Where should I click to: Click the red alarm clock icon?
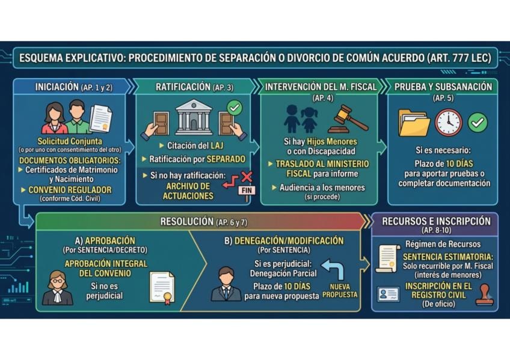(449, 123)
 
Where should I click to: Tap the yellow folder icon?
(414, 123)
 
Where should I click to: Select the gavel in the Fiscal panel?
(348, 119)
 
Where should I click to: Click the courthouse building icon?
(194, 117)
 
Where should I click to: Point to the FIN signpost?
(247, 192)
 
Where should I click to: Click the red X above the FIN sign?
(247, 177)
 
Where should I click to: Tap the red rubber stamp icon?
(484, 294)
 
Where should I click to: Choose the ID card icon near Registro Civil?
(388, 294)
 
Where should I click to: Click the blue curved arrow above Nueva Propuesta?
(333, 269)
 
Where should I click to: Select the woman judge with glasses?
(57, 288)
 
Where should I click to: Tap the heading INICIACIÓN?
(57, 87)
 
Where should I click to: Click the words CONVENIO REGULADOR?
(70, 190)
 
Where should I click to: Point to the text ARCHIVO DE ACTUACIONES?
(188, 191)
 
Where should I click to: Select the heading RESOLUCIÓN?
(187, 222)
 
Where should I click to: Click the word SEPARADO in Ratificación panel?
(226, 159)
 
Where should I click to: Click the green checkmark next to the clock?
(478, 123)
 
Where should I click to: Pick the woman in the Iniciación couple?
(54, 118)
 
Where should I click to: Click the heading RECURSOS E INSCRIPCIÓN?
(436, 221)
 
